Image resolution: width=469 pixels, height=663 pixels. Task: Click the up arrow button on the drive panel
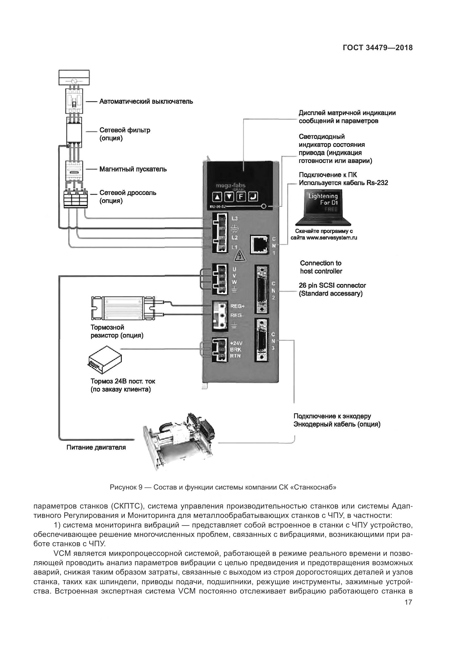217,197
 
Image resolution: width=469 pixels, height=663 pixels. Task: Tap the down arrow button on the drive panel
229,197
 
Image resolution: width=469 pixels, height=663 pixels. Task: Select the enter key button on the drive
253,197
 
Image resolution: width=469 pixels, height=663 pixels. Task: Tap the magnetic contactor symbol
75,170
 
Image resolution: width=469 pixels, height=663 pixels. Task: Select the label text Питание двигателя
96,447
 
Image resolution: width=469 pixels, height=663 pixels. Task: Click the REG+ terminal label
237,306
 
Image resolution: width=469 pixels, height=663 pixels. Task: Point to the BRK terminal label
236,349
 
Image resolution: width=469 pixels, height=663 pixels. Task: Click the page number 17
408,602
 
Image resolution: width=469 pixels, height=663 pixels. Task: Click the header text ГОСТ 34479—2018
378,48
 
